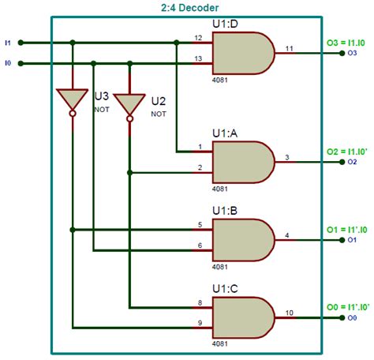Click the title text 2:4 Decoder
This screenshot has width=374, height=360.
(x=187, y=7)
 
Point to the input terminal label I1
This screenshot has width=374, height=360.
(x=8, y=43)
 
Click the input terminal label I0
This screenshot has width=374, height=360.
(x=8, y=62)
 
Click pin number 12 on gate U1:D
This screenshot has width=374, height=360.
(x=198, y=36)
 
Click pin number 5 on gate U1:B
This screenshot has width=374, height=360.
(x=200, y=224)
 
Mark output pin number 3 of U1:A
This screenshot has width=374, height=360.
(x=287, y=157)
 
